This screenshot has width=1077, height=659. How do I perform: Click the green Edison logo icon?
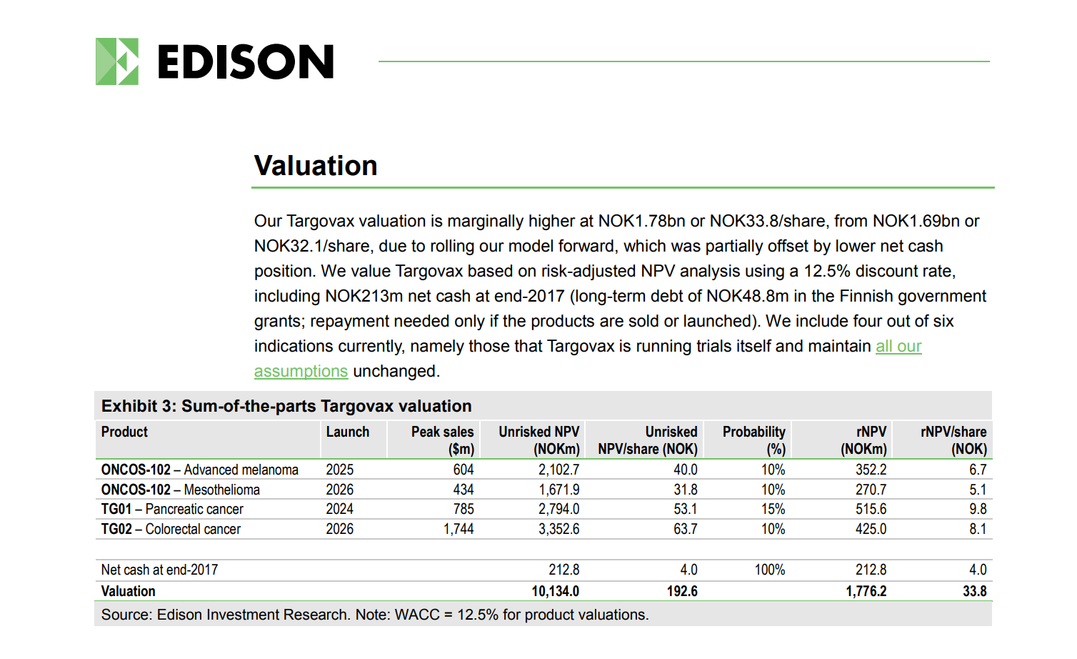tap(117, 61)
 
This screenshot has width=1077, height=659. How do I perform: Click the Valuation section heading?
tap(316, 166)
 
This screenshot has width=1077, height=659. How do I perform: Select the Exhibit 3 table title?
tap(286, 406)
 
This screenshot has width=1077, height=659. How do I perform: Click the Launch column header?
tap(348, 432)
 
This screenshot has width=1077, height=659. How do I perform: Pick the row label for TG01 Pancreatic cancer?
tap(172, 509)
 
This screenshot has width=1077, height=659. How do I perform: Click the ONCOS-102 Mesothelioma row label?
tap(180, 490)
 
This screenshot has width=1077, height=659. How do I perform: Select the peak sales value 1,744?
tap(459, 529)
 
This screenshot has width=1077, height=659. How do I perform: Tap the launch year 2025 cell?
tap(339, 470)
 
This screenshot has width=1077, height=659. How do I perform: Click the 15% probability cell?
tap(773, 509)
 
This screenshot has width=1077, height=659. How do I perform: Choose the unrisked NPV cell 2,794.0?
tap(558, 509)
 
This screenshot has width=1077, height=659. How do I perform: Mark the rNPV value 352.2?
tap(871, 470)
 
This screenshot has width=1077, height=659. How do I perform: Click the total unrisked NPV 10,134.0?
tap(556, 591)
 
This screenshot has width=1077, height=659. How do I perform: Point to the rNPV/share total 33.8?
tap(975, 591)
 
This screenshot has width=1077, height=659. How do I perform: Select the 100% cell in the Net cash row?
tap(770, 570)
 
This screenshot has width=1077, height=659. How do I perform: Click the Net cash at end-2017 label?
tap(159, 570)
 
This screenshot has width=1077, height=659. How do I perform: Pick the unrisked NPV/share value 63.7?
tap(685, 529)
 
